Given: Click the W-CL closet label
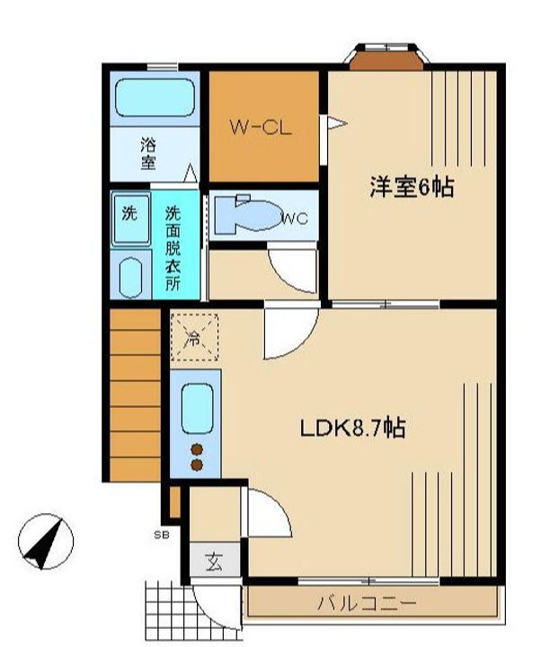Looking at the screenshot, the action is pyautogui.click(x=261, y=127).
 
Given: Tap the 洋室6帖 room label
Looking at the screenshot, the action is pyautogui.click(x=412, y=187).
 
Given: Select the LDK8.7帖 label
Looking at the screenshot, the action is pyautogui.click(x=352, y=428).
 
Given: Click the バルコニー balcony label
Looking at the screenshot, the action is pyautogui.click(x=367, y=604).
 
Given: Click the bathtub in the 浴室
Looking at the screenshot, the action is pyautogui.click(x=155, y=97).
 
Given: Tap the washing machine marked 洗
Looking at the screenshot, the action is pyautogui.click(x=130, y=218).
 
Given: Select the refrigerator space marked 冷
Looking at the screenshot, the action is pyautogui.click(x=194, y=337).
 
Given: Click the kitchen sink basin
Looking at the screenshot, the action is pyautogui.click(x=197, y=409).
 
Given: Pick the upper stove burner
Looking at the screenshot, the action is pyautogui.click(x=197, y=449).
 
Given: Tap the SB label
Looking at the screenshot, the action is pyautogui.click(x=162, y=536).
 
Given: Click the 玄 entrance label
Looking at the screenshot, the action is pyautogui.click(x=215, y=562).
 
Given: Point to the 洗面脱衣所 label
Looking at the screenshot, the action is pyautogui.click(x=173, y=248).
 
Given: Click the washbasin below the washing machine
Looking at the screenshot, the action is pyautogui.click(x=130, y=278).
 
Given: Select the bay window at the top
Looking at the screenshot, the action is pyautogui.click(x=386, y=56).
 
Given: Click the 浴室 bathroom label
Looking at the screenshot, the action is pyautogui.click(x=148, y=154).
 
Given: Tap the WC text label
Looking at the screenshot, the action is pyautogui.click(x=295, y=218).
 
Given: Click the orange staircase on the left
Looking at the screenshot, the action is pyautogui.click(x=135, y=394).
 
